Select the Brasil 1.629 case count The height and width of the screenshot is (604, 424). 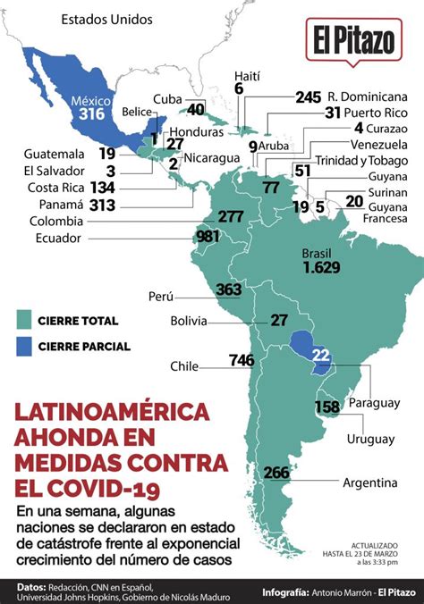(x=321, y=267)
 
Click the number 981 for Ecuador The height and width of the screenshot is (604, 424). (x=208, y=236)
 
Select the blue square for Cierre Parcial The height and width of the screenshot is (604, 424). (x=25, y=346)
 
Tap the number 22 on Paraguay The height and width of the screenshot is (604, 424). (x=321, y=357)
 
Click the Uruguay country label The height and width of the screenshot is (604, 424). (x=370, y=439)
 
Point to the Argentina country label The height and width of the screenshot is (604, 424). (x=369, y=482)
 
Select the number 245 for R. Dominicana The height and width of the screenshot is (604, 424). (x=308, y=96)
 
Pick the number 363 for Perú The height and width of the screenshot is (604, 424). (x=229, y=289)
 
